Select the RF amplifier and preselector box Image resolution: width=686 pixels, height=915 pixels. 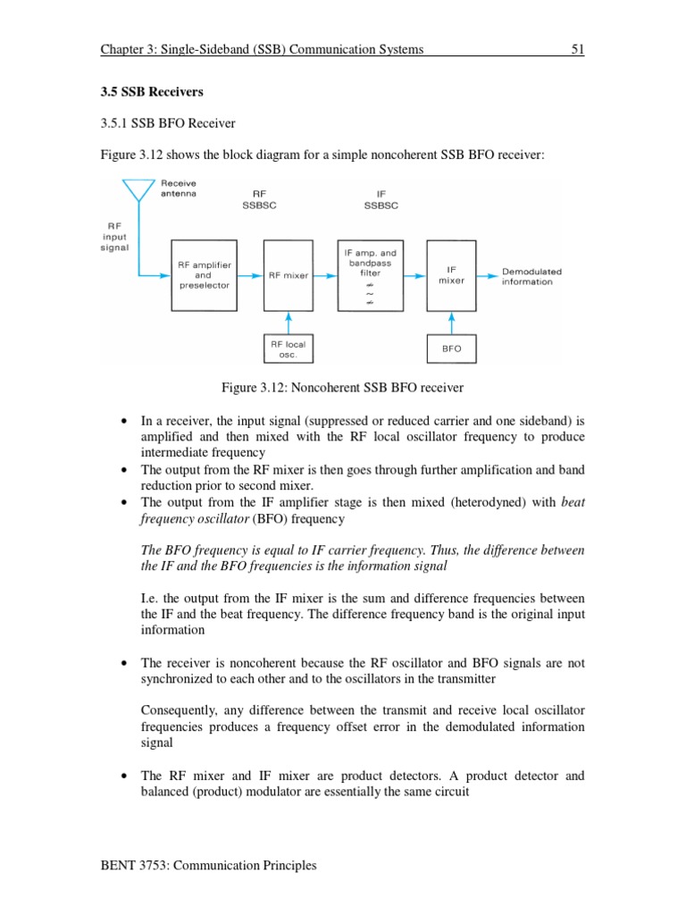tap(204, 275)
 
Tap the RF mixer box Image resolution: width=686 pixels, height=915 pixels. tap(289, 275)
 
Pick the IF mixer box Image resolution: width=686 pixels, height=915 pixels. tap(451, 275)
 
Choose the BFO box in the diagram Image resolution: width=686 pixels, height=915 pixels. tap(451, 348)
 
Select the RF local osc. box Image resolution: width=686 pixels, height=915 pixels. tap(289, 348)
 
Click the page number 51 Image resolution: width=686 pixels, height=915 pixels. tap(577, 50)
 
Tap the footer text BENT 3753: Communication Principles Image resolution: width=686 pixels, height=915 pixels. tap(209, 866)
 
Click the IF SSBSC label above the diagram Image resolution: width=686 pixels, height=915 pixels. tap(381, 198)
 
